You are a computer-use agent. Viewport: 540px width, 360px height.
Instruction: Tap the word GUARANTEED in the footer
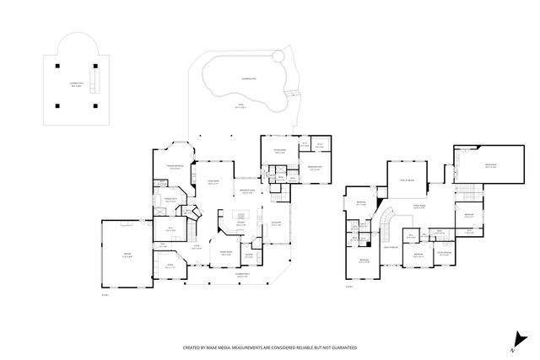342,347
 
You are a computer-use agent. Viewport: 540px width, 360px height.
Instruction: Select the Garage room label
127,256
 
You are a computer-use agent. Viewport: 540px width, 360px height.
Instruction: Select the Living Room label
214,183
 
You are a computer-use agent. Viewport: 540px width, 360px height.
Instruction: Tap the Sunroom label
275,224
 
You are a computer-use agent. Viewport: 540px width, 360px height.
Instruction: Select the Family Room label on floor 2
418,206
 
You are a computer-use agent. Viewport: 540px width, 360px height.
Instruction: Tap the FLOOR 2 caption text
349,287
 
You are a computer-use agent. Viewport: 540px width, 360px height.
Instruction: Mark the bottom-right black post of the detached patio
94,105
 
